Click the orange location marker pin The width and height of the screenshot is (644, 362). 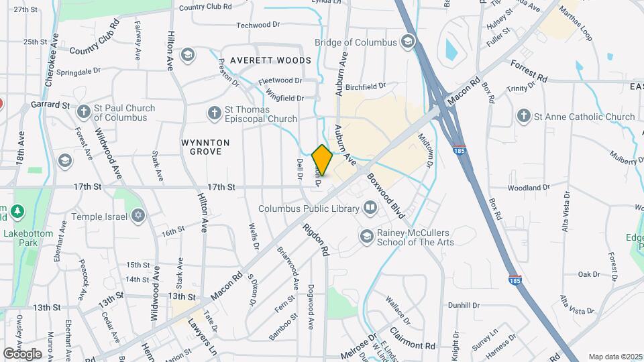(322, 160)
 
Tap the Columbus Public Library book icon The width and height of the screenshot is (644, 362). (370, 208)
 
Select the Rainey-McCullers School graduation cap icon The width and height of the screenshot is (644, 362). (366, 236)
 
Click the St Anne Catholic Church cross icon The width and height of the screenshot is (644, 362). (523, 117)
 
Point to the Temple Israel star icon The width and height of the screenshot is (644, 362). (138, 216)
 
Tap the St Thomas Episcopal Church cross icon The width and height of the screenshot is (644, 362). (214, 113)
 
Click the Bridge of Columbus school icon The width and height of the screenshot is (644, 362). (407, 42)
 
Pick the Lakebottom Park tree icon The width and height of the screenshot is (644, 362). (19, 212)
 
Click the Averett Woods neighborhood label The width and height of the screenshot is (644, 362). (270, 60)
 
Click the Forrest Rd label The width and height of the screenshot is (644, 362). (529, 71)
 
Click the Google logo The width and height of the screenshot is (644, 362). (22, 353)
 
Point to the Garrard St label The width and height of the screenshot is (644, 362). (50, 105)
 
